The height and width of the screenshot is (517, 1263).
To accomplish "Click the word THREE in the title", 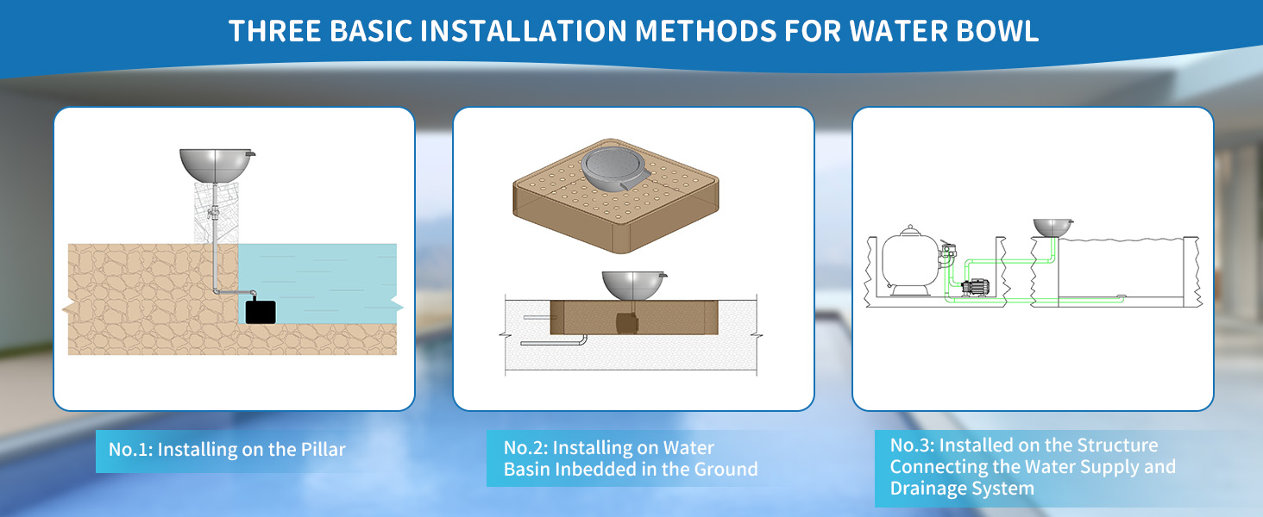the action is point(274,31).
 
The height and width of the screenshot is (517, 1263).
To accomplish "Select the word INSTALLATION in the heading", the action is point(524,31).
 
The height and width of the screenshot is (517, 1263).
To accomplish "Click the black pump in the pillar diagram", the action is point(261,312).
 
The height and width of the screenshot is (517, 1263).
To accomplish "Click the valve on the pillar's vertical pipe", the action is point(213,213).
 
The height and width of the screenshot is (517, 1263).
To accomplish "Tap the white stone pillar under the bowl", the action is point(216,213).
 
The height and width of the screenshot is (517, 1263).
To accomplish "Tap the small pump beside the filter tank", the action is point(975,287).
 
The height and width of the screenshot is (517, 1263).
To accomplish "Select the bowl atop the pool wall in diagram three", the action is point(1053,227).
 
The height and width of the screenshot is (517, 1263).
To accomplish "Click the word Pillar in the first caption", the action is point(323,450).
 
